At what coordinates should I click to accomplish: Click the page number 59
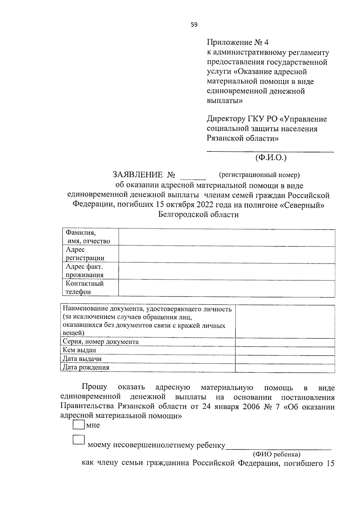tap(194, 25)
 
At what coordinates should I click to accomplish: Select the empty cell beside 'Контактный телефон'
tap(226, 289)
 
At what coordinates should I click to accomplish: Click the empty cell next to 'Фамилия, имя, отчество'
tap(226, 238)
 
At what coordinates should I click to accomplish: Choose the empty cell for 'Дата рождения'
tap(285, 368)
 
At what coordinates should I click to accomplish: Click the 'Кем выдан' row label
tap(79, 350)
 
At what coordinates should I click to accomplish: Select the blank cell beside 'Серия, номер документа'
tap(285, 342)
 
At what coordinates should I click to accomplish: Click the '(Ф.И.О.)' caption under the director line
tap(271, 157)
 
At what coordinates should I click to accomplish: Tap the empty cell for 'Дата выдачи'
tap(285, 359)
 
